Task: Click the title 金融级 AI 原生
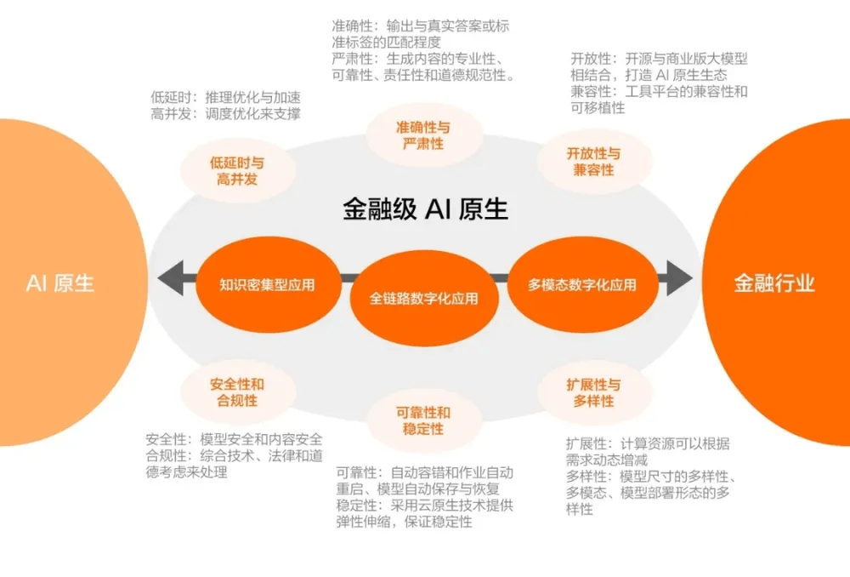tap(426, 209)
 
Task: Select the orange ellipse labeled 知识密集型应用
tap(268, 284)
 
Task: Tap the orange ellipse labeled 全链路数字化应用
tap(424, 298)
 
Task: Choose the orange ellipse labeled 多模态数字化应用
tap(583, 284)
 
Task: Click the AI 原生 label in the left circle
tap(60, 283)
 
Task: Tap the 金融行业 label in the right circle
tap(774, 283)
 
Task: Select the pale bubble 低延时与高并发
tap(237, 170)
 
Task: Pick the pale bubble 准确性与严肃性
tap(423, 135)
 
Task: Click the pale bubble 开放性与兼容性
tap(594, 161)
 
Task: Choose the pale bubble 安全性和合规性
tap(237, 392)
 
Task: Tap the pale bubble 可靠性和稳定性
tap(423, 420)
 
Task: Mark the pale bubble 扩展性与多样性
tap(594, 393)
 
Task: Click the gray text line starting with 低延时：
tap(225, 98)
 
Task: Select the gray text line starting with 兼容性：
tap(660, 91)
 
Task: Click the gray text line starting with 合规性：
tap(235, 455)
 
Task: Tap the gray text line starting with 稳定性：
tap(424, 506)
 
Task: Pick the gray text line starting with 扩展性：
tap(648, 443)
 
